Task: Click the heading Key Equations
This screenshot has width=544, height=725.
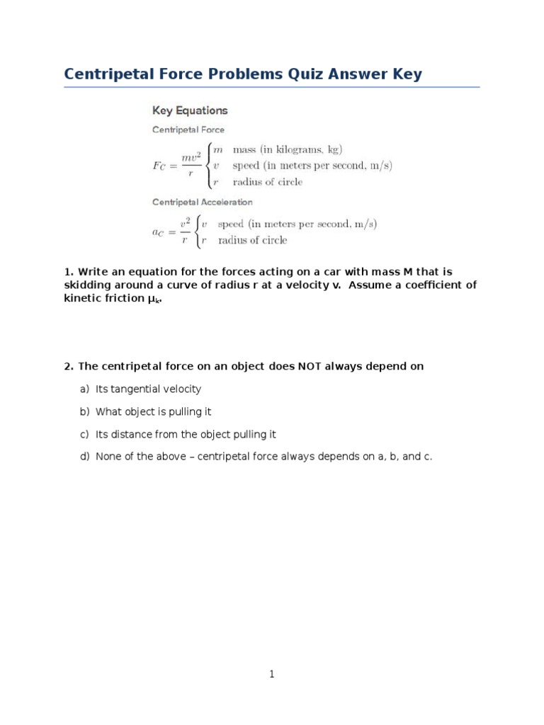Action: point(190,110)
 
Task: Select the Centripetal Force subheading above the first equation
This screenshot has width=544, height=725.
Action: point(188,130)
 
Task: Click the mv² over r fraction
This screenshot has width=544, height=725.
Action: point(188,166)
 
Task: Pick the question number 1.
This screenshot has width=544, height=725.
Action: point(67,271)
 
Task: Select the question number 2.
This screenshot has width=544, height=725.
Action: point(67,366)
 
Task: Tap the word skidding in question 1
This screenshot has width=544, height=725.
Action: point(89,285)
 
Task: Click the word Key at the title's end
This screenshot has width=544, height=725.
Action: point(407,74)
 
